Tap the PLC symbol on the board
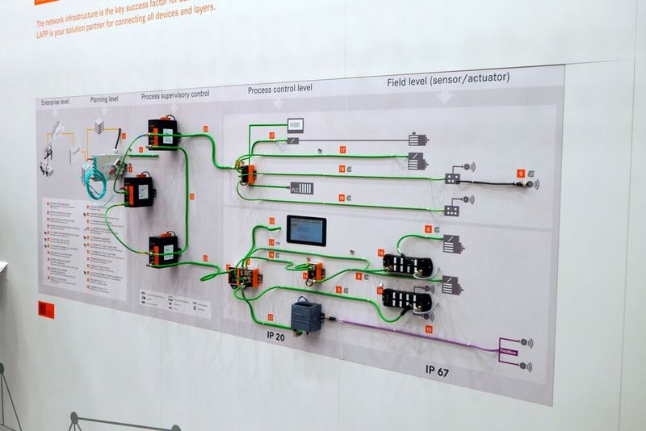click(301, 188)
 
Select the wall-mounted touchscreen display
click(306, 231)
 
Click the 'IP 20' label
click(275, 337)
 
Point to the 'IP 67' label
click(437, 371)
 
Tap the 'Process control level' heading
click(280, 88)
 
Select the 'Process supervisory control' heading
click(175, 94)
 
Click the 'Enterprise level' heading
click(55, 103)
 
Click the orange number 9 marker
click(521, 174)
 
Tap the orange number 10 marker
click(429, 329)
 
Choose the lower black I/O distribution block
click(406, 299)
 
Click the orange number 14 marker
click(380, 253)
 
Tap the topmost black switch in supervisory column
click(164, 133)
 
